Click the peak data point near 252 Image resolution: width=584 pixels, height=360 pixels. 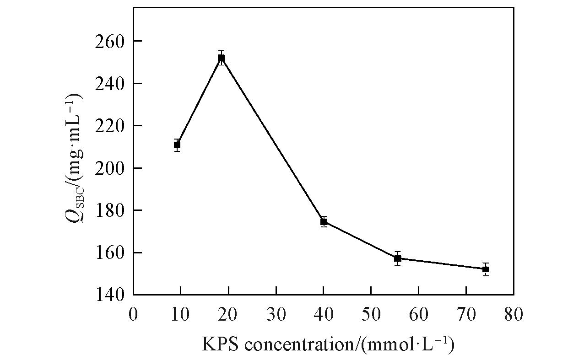point(221,58)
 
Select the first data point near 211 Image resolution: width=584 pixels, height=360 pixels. point(177,145)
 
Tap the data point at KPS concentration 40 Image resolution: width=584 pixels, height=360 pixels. point(324,221)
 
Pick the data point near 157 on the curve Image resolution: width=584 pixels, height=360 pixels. point(398,258)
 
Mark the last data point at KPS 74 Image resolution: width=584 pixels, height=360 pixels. point(486,269)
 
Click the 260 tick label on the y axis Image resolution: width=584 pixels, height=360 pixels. point(110,41)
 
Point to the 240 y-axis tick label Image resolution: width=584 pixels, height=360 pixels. point(110,84)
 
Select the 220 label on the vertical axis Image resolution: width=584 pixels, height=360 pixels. point(110,126)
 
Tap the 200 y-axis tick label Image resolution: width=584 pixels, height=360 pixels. point(110,168)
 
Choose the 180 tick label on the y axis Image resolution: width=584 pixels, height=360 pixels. point(110,210)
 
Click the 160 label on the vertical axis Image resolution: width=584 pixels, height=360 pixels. point(110,253)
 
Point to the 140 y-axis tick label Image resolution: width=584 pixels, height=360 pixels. point(110,295)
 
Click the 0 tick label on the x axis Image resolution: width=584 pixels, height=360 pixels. point(133,315)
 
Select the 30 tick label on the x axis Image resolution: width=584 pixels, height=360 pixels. point(276,315)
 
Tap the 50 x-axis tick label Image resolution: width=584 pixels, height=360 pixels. point(371,315)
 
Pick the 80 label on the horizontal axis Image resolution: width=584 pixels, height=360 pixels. point(513,315)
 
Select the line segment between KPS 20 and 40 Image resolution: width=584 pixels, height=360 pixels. point(272,140)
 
